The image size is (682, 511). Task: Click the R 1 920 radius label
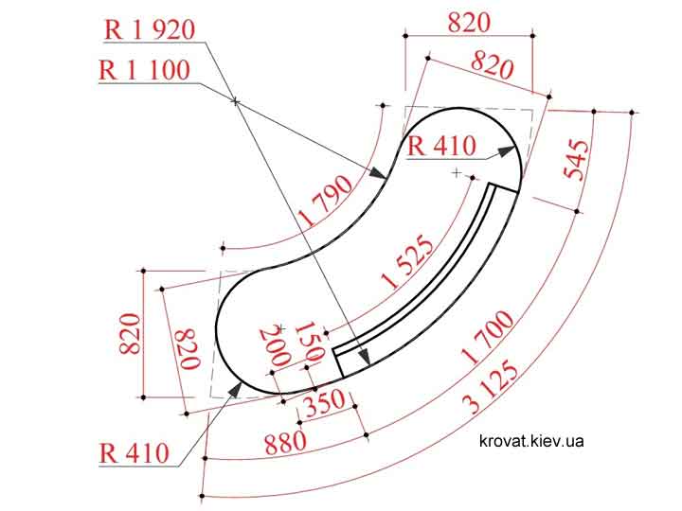pyautogui.click(x=150, y=30)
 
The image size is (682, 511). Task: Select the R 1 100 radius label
pyautogui.click(x=144, y=70)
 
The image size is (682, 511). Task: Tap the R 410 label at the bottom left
pyautogui.click(x=134, y=453)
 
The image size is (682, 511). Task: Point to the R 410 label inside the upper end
pyautogui.click(x=441, y=146)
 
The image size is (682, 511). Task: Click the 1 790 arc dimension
pyautogui.click(x=327, y=200)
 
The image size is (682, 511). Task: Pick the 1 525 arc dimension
pyautogui.click(x=407, y=261)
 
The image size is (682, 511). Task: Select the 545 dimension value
pyautogui.click(x=576, y=160)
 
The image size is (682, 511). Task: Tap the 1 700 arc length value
pyautogui.click(x=488, y=337)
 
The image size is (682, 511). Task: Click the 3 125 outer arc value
pyautogui.click(x=491, y=387)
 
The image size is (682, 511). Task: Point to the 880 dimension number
pyautogui.click(x=286, y=442)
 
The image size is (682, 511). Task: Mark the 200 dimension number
pyautogui.click(x=275, y=346)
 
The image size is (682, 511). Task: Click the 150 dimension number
pyautogui.click(x=309, y=342)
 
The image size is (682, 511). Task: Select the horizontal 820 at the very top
pyautogui.click(x=469, y=23)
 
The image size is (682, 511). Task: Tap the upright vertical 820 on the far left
pyautogui.click(x=130, y=334)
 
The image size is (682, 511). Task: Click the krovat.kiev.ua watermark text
pyautogui.click(x=531, y=441)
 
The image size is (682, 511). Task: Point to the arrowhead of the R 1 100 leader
pyautogui.click(x=378, y=172)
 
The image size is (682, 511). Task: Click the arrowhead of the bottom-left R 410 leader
pyautogui.click(x=235, y=390)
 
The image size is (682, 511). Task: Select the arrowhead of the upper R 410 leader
pyautogui.click(x=506, y=151)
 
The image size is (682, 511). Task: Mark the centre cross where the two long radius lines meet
pyautogui.click(x=235, y=101)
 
